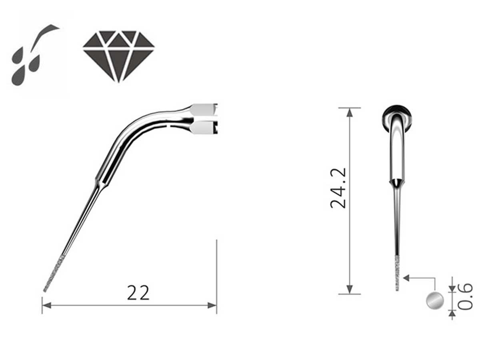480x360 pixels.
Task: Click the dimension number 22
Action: [138, 293]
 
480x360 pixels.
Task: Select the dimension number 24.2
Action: [339, 188]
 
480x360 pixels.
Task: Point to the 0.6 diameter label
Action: [465, 296]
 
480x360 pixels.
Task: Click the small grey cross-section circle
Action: [435, 300]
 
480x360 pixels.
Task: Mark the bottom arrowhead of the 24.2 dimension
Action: [350, 289]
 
